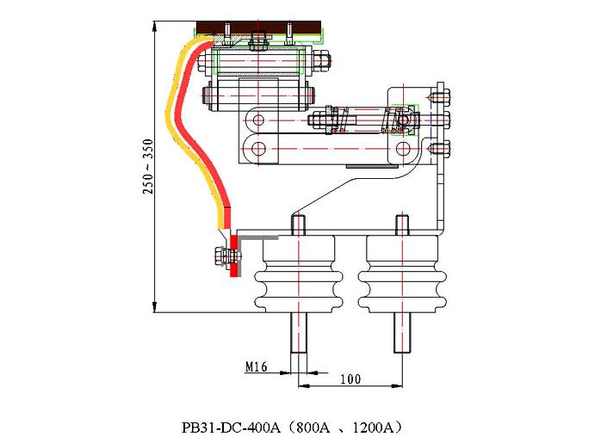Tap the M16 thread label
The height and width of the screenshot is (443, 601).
point(256,366)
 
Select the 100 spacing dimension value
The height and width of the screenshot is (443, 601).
point(350,378)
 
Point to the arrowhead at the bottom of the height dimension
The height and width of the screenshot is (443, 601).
point(154,307)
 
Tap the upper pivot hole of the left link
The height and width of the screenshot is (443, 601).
point(257,118)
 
